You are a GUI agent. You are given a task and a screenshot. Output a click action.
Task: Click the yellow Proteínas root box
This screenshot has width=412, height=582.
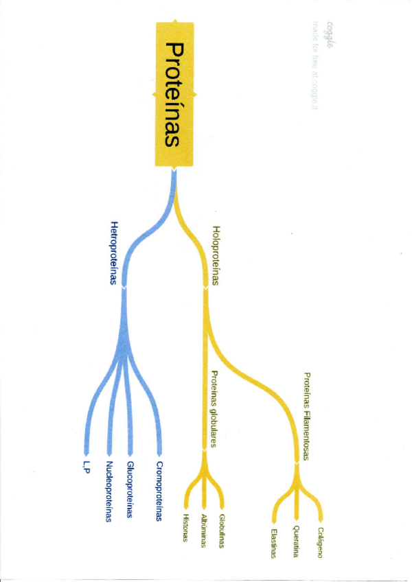(175, 94)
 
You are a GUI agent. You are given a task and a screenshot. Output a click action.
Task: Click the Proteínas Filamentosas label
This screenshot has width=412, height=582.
(307, 416)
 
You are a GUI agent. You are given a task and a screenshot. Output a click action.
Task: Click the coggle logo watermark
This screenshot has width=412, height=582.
(330, 29)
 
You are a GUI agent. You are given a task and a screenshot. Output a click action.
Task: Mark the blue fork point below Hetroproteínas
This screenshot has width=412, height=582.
(124, 289)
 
